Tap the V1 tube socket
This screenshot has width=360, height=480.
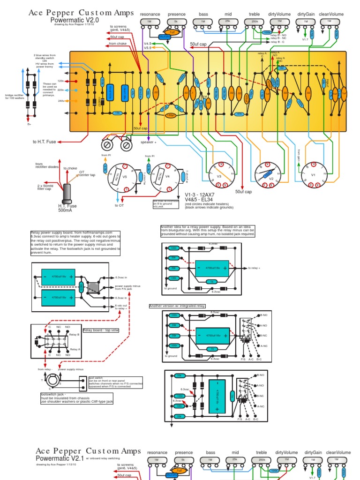click(x=314, y=175)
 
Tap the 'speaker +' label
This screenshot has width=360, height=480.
click(x=149, y=142)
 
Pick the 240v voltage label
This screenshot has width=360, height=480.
click(x=60, y=101)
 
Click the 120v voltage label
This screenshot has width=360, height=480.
click(x=60, y=80)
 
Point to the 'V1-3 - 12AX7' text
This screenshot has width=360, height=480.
click(x=199, y=195)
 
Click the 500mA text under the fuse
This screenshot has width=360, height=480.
click(x=67, y=211)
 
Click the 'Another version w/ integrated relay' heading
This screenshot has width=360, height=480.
click(x=177, y=306)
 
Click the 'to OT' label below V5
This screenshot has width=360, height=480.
click(x=118, y=205)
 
